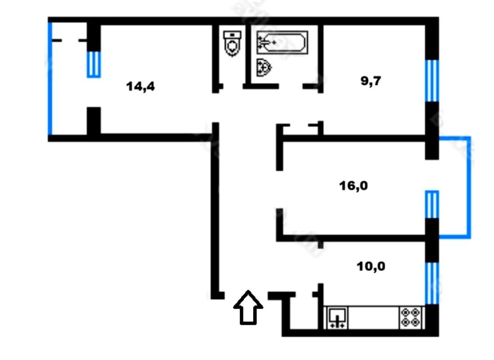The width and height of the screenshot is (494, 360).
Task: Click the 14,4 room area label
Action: click(x=141, y=86)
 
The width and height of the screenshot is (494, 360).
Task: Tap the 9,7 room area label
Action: click(x=371, y=81)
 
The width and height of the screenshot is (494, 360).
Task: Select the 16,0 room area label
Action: click(x=353, y=186)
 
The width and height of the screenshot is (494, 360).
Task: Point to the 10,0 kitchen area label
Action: click(x=371, y=267)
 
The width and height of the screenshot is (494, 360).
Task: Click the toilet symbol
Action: click(x=232, y=44)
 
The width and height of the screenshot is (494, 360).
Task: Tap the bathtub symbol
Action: click(x=282, y=43)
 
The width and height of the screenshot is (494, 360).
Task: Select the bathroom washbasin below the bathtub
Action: click(x=264, y=67)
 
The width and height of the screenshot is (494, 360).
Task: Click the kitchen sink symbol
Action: click(x=337, y=317)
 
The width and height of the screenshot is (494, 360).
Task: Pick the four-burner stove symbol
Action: click(x=410, y=317)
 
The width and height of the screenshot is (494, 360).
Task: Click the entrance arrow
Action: click(x=248, y=307)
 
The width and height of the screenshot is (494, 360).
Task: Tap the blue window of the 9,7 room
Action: click(x=432, y=81)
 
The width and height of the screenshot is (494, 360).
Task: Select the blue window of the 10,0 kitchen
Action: click(x=432, y=283)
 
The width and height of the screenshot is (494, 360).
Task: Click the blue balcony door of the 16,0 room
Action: click(x=432, y=204)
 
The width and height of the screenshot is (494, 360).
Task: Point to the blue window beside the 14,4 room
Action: click(x=93, y=65)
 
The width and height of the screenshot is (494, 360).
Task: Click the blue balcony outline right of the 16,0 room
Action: click(x=469, y=187)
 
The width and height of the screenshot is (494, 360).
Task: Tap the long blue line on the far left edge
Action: click(x=50, y=79)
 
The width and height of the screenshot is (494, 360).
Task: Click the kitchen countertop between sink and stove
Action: click(x=373, y=318)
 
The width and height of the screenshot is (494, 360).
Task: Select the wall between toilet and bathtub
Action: click(x=248, y=55)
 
